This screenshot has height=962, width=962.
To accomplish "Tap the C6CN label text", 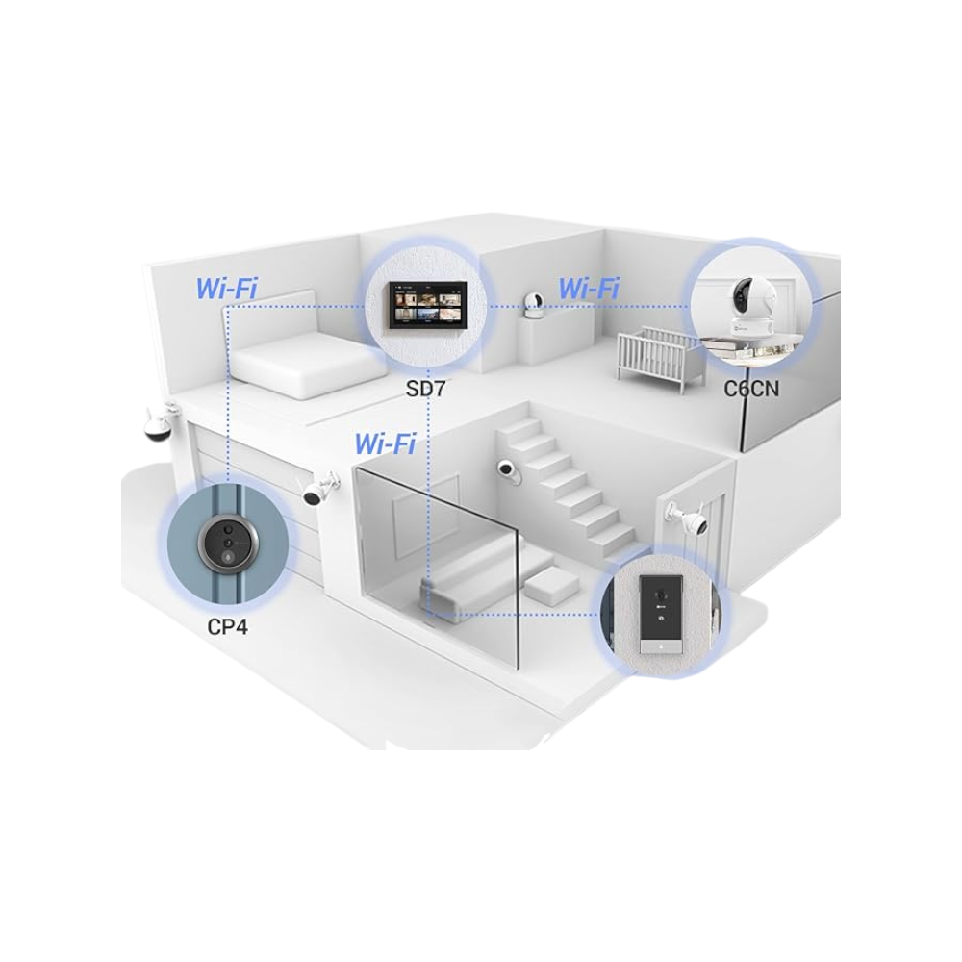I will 751,390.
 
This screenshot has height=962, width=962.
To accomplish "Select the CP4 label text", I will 227,625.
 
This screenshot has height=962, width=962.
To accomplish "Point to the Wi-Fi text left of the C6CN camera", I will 589,287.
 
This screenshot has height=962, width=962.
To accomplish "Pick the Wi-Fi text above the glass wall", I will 385,443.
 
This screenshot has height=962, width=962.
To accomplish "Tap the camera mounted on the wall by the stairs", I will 508,468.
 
